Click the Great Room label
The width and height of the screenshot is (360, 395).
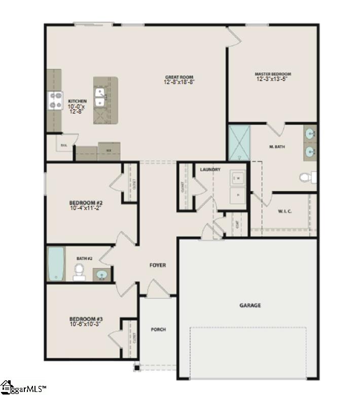point(179,77)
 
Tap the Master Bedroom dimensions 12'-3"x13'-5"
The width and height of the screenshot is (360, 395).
point(273,79)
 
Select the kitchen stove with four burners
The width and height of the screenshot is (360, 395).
point(54,100)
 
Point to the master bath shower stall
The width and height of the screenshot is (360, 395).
point(239,143)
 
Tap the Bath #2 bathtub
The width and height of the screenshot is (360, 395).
point(56,263)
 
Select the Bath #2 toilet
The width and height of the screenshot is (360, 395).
point(80,272)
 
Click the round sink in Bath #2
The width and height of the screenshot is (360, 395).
point(102,275)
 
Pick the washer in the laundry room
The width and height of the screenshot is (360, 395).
point(237,178)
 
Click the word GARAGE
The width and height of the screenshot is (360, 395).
point(250,305)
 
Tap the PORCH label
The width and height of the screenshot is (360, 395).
point(158,330)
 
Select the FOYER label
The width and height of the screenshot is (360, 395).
point(157,265)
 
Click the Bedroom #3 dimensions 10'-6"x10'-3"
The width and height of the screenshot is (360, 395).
point(85,324)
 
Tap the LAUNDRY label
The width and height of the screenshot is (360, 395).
point(209,169)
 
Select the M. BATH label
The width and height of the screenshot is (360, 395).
point(277,147)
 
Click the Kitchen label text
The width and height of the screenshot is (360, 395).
point(77,101)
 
